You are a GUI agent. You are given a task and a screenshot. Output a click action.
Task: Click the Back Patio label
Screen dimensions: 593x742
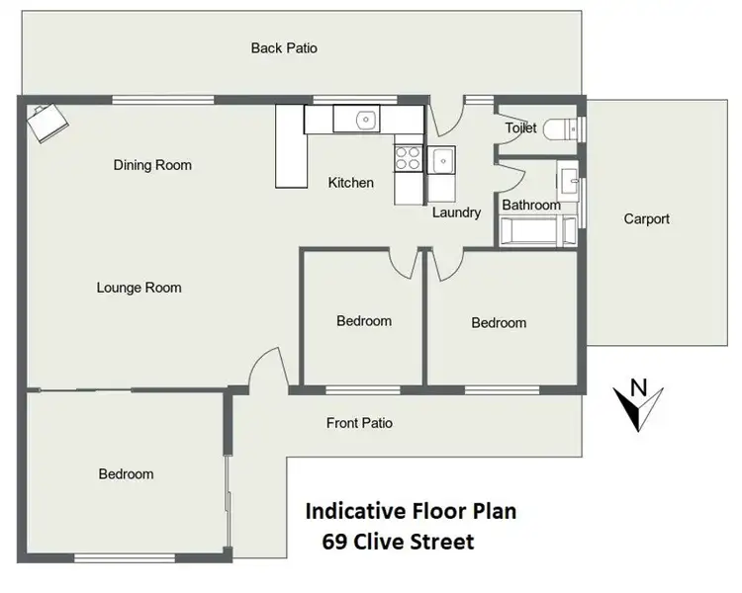(x=284, y=47)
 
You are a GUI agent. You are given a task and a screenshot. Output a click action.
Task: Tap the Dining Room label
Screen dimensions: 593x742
(x=152, y=165)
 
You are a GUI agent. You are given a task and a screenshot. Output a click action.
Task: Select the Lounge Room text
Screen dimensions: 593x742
(x=139, y=288)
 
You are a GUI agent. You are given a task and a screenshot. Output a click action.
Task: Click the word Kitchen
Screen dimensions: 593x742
(x=351, y=183)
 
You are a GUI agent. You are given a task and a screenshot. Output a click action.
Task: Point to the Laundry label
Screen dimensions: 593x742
(x=456, y=212)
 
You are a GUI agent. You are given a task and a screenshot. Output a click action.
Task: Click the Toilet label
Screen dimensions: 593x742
(x=520, y=128)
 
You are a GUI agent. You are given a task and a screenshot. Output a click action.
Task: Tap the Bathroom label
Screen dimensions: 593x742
(x=530, y=206)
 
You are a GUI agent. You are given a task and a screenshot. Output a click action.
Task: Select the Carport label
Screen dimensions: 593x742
(x=646, y=219)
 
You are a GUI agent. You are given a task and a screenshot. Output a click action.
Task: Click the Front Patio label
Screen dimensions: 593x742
(x=359, y=423)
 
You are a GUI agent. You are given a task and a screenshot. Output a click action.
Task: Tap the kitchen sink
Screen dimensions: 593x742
(x=365, y=121)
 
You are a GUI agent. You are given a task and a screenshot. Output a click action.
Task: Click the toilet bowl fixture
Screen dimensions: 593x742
(x=567, y=129)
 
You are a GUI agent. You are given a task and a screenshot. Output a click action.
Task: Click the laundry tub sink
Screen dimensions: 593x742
(x=442, y=158)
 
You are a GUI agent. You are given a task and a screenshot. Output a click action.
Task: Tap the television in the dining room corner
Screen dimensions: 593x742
(x=46, y=122)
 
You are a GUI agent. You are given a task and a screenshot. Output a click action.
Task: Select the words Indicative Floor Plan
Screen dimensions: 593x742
(x=410, y=512)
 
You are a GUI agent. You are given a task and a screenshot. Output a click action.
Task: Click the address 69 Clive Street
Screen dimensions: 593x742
(x=398, y=542)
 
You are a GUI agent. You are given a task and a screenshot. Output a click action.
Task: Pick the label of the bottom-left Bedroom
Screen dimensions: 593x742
(x=127, y=474)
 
